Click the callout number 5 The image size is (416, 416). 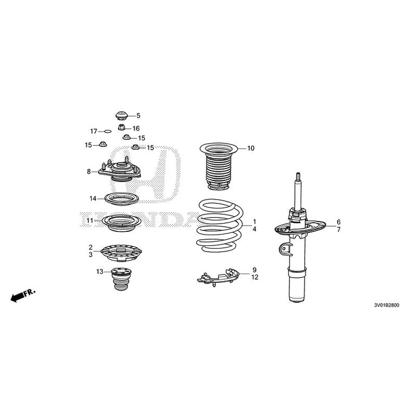coord(138,115)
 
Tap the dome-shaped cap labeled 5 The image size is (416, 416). coord(121,114)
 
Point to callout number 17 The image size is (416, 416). coord(94,131)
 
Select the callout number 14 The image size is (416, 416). coord(93,199)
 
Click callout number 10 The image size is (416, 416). coord(251,149)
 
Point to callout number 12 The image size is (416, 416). coord(255,278)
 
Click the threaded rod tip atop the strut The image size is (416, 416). coord(300,177)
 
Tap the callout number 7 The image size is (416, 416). coord(338,229)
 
